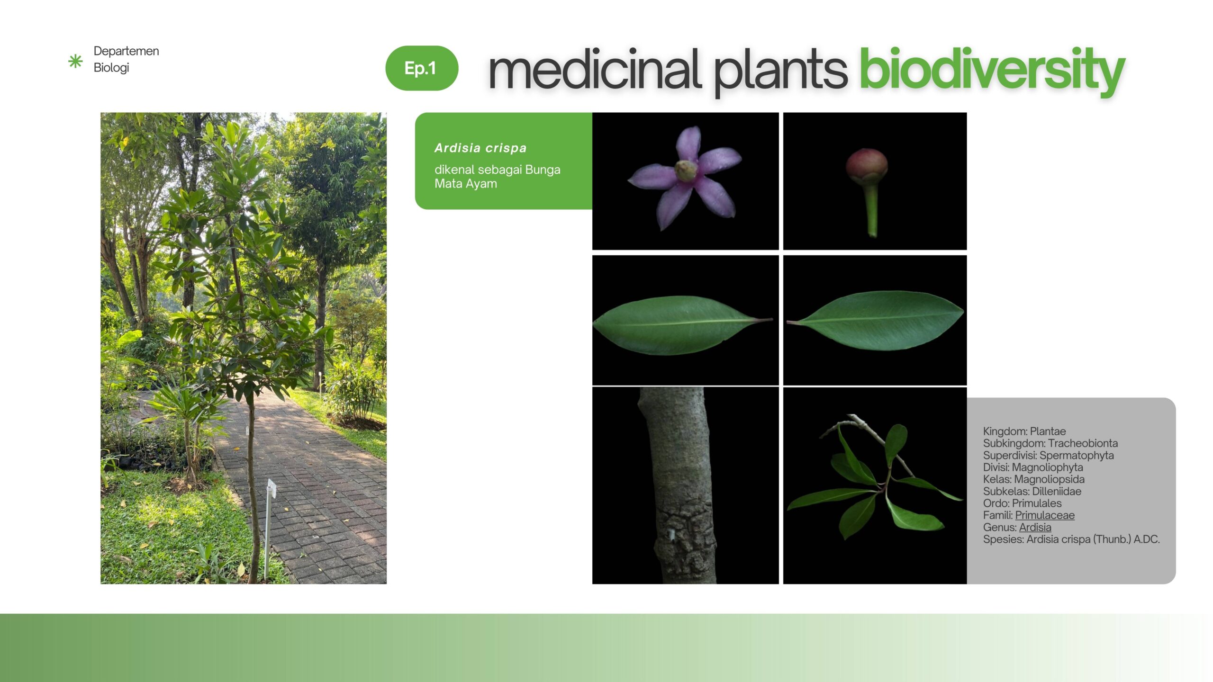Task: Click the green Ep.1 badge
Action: (x=422, y=68)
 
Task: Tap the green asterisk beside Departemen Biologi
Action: (x=75, y=61)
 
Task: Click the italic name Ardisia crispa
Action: (x=480, y=148)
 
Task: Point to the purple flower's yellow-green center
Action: (x=686, y=170)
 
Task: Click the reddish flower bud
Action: (x=867, y=166)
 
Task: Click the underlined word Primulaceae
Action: (x=1045, y=515)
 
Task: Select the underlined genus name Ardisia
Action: (x=1035, y=527)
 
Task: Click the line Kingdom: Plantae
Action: (x=1024, y=431)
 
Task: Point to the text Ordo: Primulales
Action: (x=1022, y=503)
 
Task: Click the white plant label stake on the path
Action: (x=270, y=521)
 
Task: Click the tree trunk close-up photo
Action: (x=685, y=485)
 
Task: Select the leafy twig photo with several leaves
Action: (x=875, y=485)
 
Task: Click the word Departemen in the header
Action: (x=126, y=51)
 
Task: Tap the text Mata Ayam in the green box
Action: (x=466, y=184)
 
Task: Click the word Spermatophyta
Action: (x=1077, y=456)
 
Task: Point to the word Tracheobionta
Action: (x=1083, y=443)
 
